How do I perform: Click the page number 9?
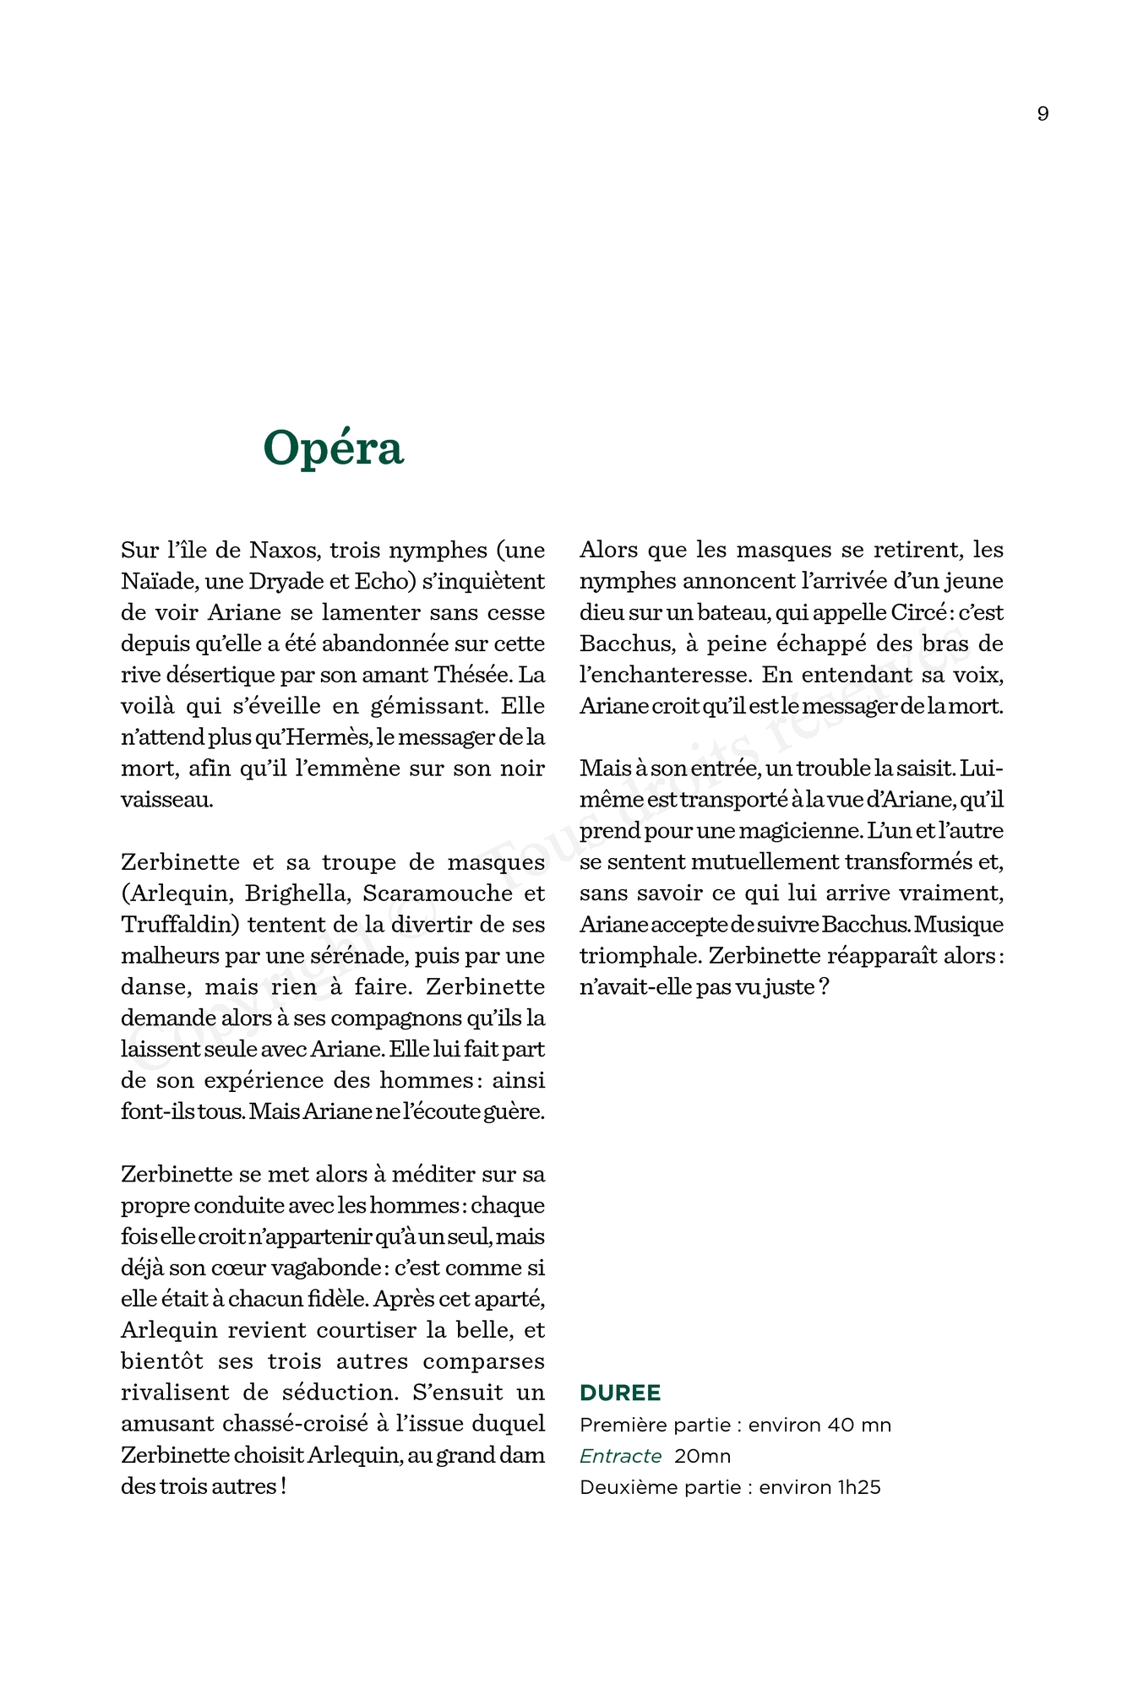pos(1043,114)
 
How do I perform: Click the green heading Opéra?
pos(333,448)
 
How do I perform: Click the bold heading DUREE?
pos(620,1393)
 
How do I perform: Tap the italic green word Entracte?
pos(620,1456)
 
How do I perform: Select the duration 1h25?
pos(859,1487)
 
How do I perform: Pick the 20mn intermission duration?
pos(702,1456)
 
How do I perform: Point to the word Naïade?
pos(158,582)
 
